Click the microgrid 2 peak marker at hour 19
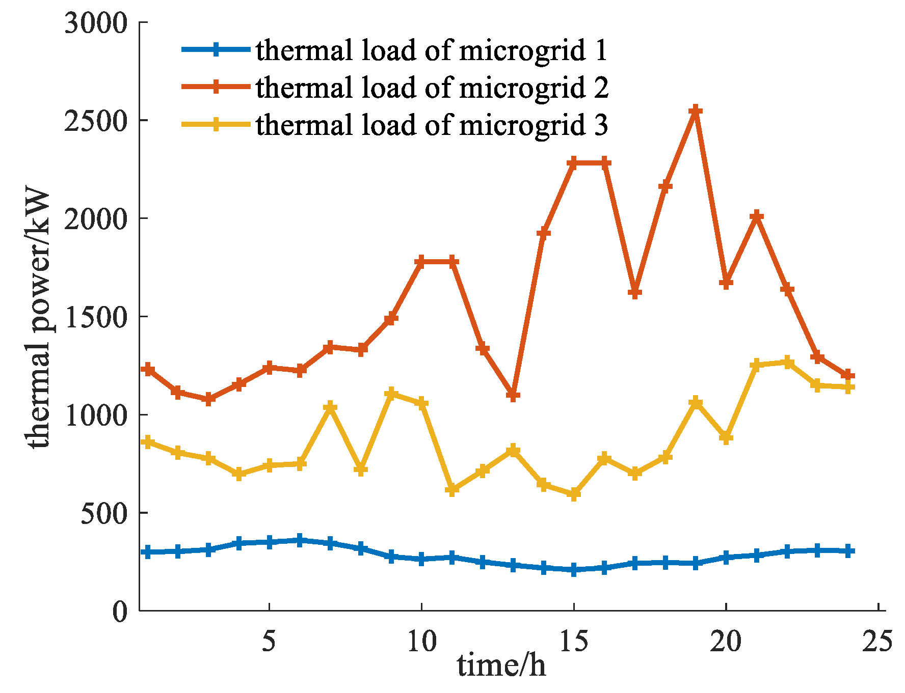coord(696,111)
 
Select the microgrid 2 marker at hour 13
coord(513,395)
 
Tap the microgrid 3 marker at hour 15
coord(574,494)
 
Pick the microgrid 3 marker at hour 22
coord(787,363)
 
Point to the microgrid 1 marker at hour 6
coord(300,540)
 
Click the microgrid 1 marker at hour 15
coord(574,569)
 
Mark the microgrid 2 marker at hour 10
coord(421,262)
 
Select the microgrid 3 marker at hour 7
coord(330,407)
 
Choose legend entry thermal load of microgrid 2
coord(431,88)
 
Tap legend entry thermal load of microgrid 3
coord(431,125)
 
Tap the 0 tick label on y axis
coord(120,611)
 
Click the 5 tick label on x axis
coord(269,641)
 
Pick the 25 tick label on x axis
coord(877,641)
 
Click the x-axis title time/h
coord(501,666)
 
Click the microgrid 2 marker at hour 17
coord(634,293)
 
